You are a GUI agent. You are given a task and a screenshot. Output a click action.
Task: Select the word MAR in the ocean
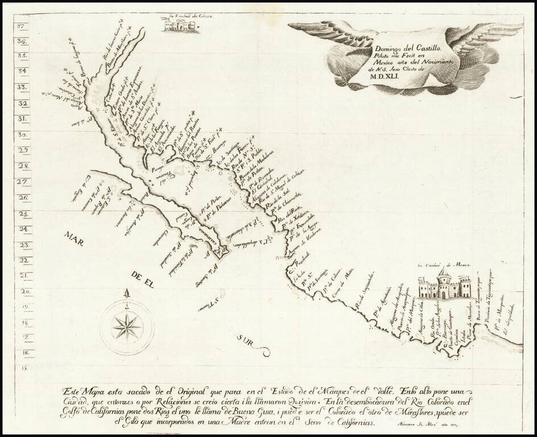[74, 238]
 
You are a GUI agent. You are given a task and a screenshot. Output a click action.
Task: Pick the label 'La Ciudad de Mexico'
[443, 265]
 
